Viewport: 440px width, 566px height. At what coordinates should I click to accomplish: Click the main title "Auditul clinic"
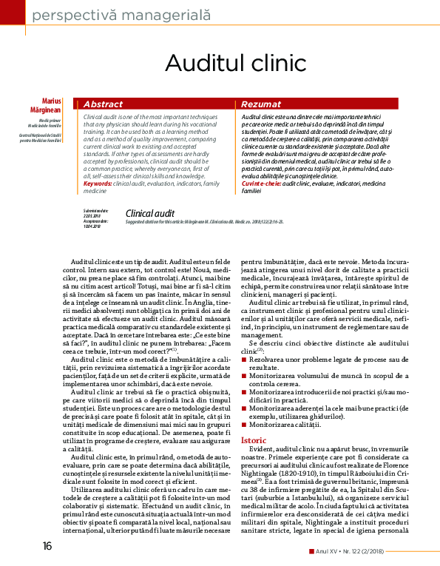click(x=220, y=61)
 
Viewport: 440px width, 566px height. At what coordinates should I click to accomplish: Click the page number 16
click(x=47, y=546)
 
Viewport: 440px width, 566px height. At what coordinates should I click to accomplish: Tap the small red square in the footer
click(x=311, y=551)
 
